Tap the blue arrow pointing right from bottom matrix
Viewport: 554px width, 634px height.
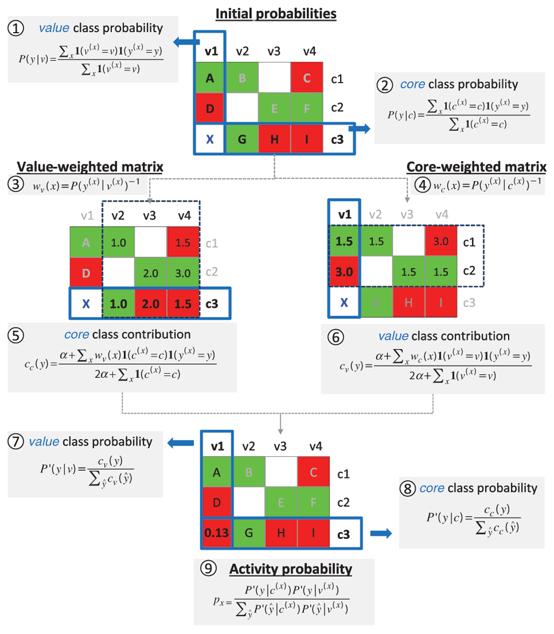[x=381, y=533]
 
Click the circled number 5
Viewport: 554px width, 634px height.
[x=18, y=335]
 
